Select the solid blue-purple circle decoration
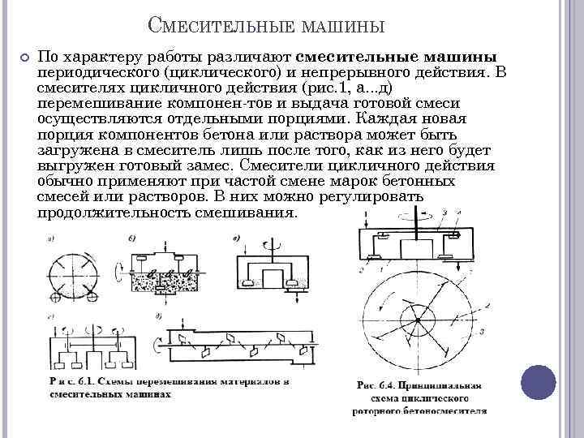pos(538,382)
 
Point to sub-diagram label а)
pos(51,238)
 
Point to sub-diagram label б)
pos(132,237)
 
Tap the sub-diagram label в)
pos(235,238)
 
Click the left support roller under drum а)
pos(56,298)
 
